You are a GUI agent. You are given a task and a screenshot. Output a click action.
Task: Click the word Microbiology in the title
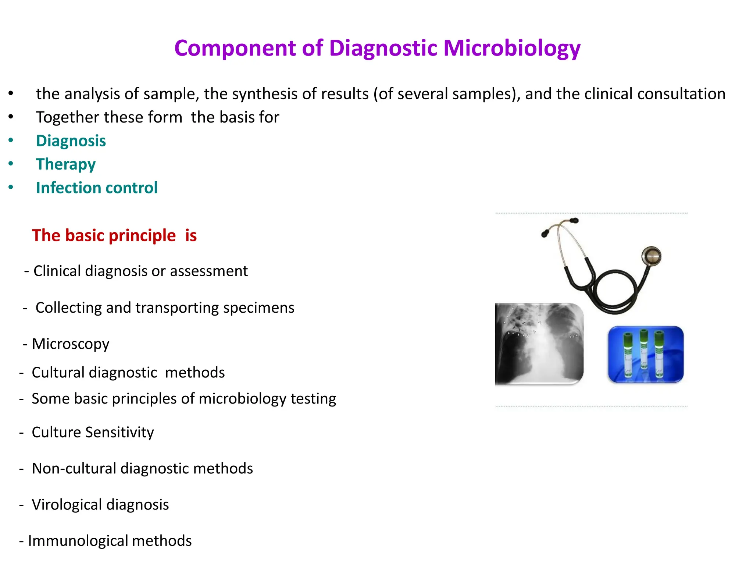point(512,49)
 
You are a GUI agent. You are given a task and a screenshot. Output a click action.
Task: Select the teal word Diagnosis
point(71,141)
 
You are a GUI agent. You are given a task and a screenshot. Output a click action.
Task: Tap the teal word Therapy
point(66,164)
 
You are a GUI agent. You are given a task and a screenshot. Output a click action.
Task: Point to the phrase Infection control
point(97,188)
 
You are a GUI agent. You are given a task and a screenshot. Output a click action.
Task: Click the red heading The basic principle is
point(114,235)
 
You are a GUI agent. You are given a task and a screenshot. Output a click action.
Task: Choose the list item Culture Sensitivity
point(93,432)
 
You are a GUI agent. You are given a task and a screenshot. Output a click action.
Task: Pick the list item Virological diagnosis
point(100,505)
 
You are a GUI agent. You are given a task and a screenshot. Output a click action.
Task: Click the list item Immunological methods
point(110,541)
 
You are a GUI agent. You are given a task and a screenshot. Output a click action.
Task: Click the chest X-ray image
point(539,344)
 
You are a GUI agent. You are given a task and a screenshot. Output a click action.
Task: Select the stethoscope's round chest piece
point(651,256)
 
